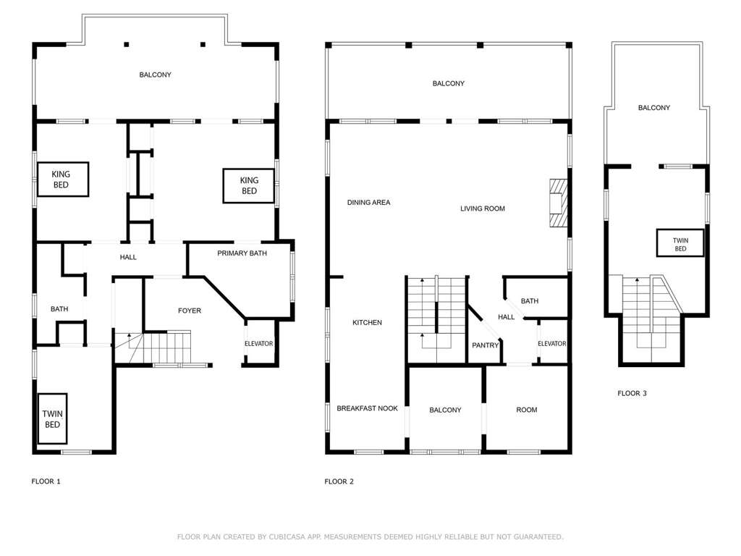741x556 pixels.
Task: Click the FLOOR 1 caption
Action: click(46, 481)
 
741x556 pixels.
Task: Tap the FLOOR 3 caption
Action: click(632, 393)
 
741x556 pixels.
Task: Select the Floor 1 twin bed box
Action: click(52, 419)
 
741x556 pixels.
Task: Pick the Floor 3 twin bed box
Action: click(680, 243)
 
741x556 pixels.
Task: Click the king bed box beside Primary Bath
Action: click(249, 186)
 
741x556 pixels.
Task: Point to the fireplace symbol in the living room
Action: click(558, 203)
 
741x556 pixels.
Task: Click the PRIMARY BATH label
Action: click(242, 253)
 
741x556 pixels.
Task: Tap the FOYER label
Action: click(190, 311)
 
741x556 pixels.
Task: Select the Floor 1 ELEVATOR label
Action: click(258, 344)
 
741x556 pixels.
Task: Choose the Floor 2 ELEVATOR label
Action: click(552, 344)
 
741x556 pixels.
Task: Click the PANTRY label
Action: click(486, 345)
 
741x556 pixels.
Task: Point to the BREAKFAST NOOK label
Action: click(367, 408)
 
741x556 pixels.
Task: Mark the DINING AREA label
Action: click(368, 203)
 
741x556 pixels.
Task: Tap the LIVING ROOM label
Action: click(483, 208)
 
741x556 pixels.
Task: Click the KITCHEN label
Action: click(367, 322)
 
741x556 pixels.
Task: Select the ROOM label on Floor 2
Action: click(527, 410)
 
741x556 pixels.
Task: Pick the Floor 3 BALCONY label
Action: click(654, 108)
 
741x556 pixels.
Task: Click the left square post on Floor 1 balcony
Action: click(126, 44)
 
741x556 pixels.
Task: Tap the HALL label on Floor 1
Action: click(128, 257)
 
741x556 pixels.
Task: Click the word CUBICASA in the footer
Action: click(287, 536)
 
